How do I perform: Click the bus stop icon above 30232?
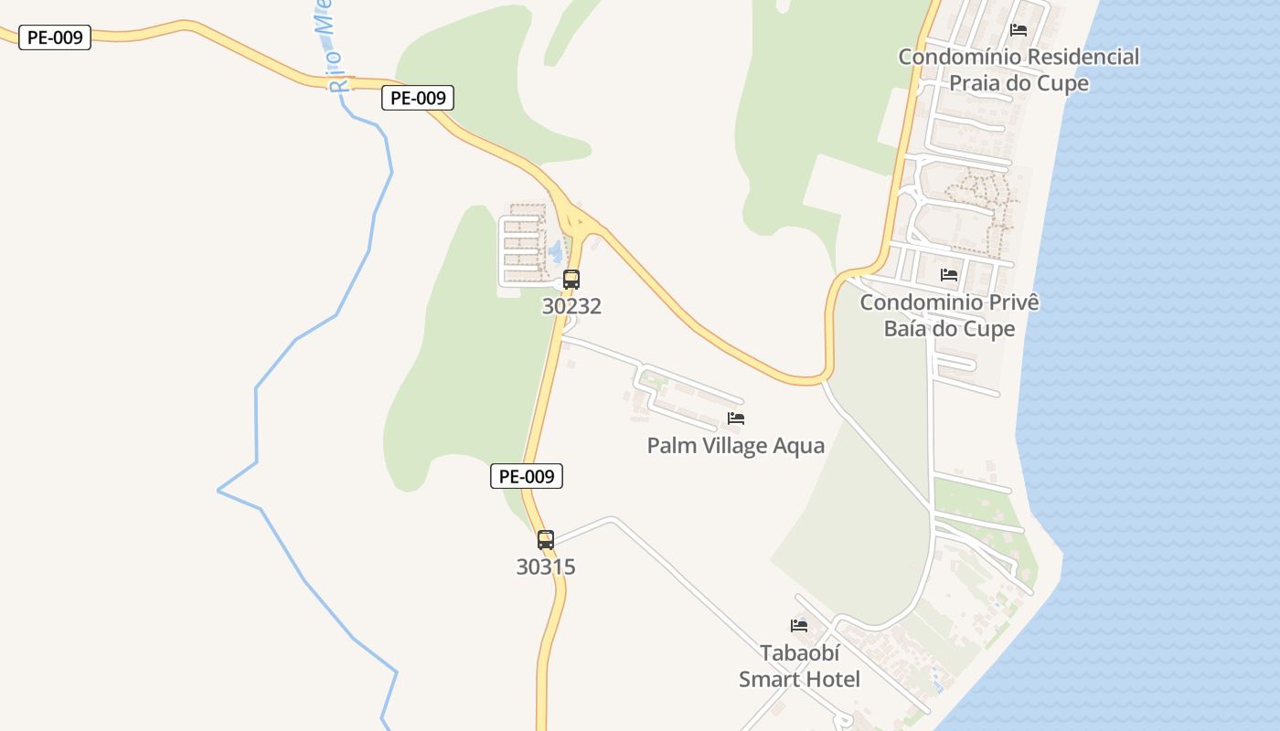pos(571,280)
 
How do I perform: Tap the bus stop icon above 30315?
pos(546,540)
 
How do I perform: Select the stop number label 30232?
pos(571,306)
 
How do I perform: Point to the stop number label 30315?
pos(546,567)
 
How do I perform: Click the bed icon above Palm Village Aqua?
pos(736,418)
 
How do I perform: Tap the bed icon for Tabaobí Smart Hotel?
pos(799,626)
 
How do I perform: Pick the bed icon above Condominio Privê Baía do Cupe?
pos(949,274)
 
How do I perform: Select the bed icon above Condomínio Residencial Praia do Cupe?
pos(1019,30)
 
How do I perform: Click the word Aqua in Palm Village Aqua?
pos(798,446)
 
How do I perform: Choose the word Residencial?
pos(1083,57)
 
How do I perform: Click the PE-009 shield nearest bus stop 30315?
pos(527,476)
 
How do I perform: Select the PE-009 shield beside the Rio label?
pos(418,98)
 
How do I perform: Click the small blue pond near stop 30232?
pos(555,250)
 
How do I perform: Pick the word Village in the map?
pos(732,446)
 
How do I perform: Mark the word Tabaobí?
pos(799,653)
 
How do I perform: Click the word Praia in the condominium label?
pos(978,83)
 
